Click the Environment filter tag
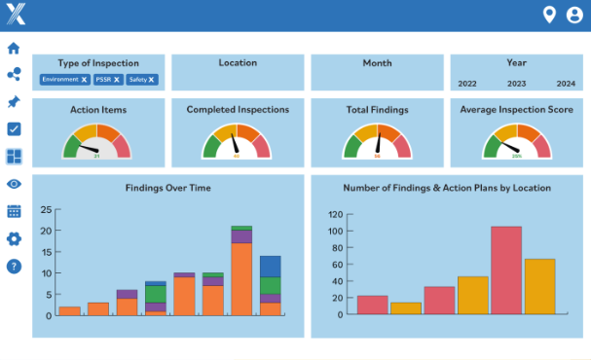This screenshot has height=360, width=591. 61,79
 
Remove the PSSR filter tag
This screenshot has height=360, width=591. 117,79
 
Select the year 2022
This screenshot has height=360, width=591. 467,84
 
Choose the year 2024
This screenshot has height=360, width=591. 566,84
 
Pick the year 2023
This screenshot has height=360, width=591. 516,84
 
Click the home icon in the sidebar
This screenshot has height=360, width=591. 14,48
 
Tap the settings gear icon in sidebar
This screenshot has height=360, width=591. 14,238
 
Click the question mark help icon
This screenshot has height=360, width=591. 14,266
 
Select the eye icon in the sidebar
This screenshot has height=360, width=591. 14,184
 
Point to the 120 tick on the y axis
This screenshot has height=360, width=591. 335,214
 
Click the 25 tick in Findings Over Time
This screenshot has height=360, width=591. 45,209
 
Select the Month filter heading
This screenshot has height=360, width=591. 377,63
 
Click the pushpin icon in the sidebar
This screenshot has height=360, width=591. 14,102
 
